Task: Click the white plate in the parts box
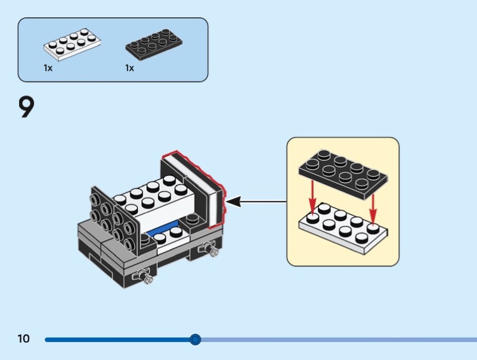[72, 46]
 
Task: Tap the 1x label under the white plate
[48, 68]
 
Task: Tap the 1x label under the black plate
[130, 68]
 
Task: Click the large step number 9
[27, 107]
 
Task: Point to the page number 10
[23, 339]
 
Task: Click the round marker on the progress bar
[195, 340]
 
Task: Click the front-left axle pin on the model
[143, 275]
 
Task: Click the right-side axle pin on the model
[209, 249]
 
